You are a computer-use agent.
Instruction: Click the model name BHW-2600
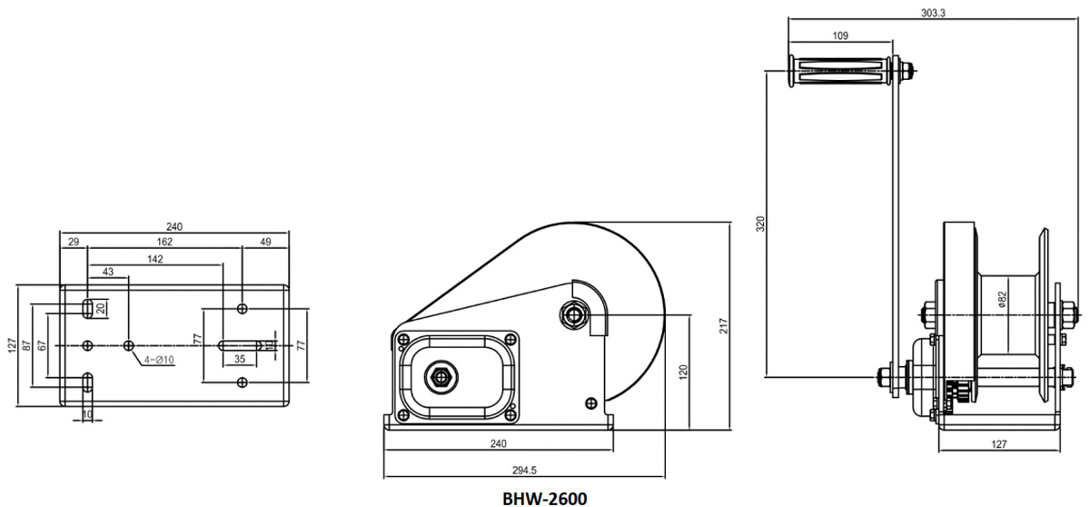(x=545, y=498)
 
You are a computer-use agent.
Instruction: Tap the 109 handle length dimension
(x=840, y=36)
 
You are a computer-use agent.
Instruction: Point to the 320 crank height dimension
(x=761, y=223)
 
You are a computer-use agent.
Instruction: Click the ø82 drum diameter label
(x=1001, y=300)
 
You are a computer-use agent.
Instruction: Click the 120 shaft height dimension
(x=683, y=371)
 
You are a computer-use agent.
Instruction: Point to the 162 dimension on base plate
(x=164, y=242)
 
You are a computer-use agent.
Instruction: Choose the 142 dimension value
(x=154, y=259)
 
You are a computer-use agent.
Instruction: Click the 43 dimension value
(x=108, y=273)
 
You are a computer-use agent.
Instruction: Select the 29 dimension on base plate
(x=74, y=242)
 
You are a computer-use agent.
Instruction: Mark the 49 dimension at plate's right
(x=265, y=242)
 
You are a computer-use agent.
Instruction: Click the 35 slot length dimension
(x=241, y=360)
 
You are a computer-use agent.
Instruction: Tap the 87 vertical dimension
(x=28, y=345)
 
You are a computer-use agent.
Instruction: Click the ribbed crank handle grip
(x=840, y=71)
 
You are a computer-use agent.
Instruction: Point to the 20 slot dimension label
(x=101, y=307)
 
